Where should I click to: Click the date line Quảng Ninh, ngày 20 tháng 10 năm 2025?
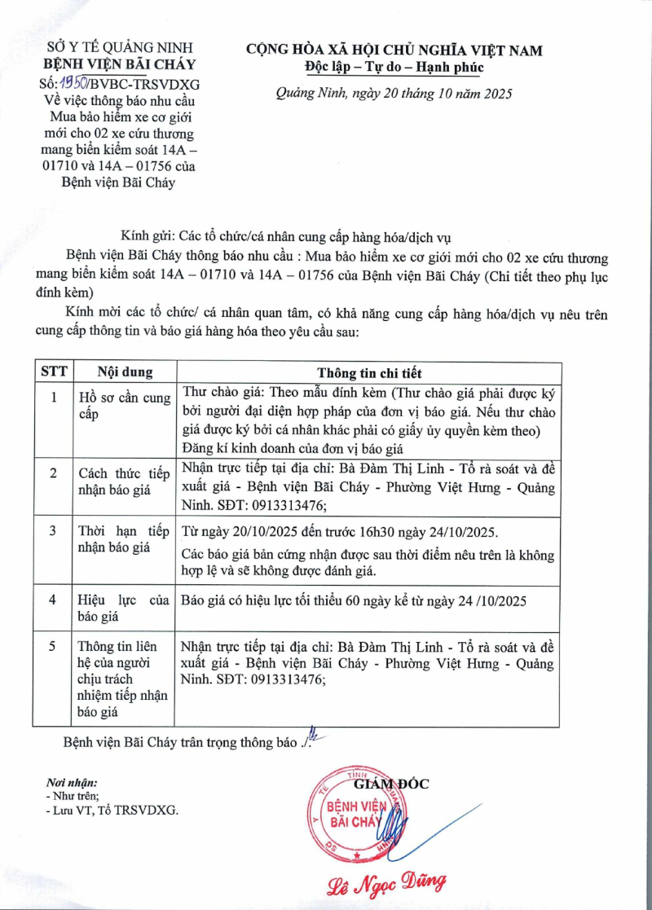pyautogui.click(x=394, y=94)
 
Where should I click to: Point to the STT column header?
pyautogui.click(x=54, y=372)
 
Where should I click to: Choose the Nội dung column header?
pyautogui.click(x=125, y=372)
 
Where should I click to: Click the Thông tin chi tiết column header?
pyautogui.click(x=369, y=373)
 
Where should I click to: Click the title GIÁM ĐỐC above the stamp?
pyautogui.click(x=391, y=784)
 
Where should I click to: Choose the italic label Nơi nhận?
pyautogui.click(x=73, y=782)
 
